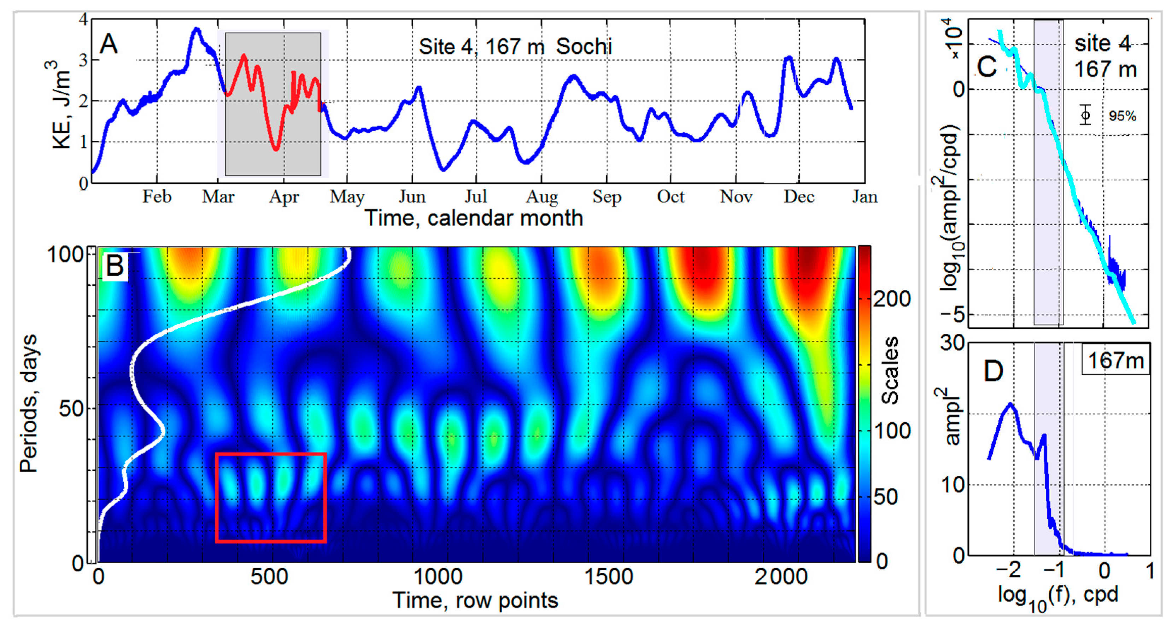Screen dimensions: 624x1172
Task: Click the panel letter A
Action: [109, 45]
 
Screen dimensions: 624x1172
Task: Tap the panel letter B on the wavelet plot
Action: [115, 266]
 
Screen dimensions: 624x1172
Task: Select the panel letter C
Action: [987, 68]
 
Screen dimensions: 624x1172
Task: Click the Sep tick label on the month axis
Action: [606, 197]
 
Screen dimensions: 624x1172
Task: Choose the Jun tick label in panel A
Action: [412, 197]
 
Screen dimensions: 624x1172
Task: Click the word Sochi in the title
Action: [584, 46]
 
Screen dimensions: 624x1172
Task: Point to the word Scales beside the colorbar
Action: [890, 371]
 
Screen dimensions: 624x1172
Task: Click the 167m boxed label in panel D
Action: [1115, 361]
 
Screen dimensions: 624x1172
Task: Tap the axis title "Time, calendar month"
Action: [474, 218]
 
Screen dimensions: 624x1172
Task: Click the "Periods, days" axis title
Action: [28, 403]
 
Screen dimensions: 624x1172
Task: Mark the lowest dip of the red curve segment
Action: [276, 149]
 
